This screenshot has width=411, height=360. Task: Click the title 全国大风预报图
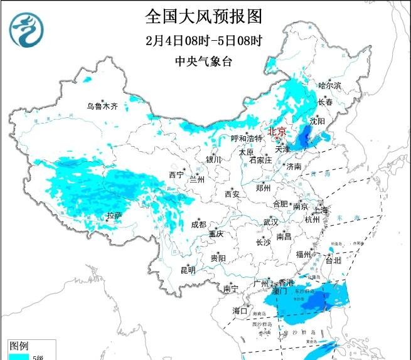point(203,15)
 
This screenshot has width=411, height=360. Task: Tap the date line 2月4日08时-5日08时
point(203,40)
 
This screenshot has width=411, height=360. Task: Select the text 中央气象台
point(203,61)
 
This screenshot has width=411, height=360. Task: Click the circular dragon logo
point(29,29)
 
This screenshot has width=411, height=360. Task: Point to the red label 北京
point(277,131)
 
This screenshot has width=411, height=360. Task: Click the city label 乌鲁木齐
point(102,106)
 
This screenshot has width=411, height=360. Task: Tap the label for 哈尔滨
point(329,85)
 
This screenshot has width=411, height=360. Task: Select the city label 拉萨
point(114,216)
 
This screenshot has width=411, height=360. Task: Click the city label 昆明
point(188,270)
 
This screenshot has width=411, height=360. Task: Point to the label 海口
point(240,310)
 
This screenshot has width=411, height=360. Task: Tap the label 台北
point(333,260)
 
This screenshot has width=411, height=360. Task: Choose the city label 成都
point(198,225)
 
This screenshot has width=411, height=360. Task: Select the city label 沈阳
point(318,120)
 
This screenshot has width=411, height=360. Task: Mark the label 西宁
point(176,174)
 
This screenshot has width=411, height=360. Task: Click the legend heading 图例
point(19,346)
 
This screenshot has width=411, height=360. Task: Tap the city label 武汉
point(270,222)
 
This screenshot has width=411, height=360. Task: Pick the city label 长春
point(325,102)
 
